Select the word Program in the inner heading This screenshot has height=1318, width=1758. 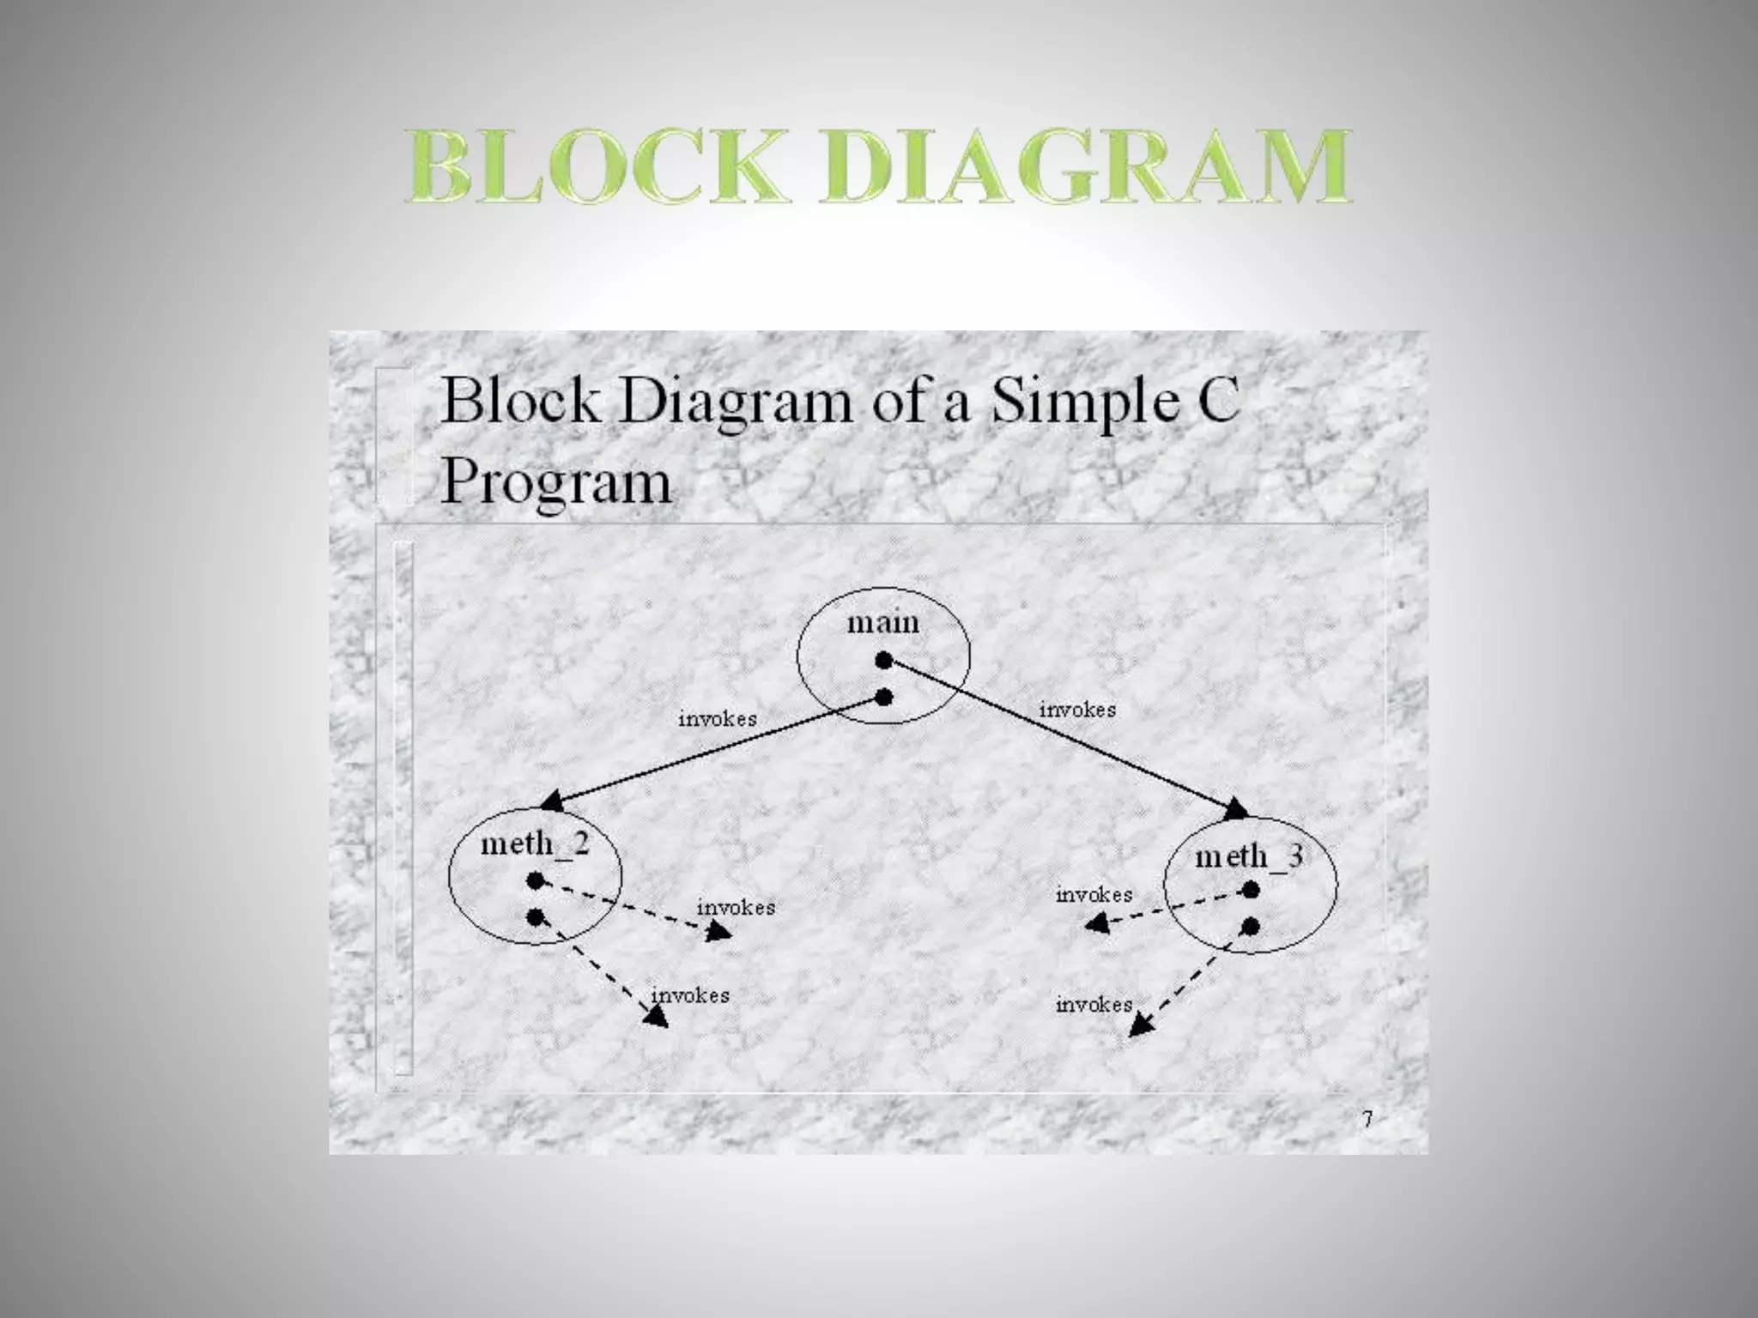(555, 482)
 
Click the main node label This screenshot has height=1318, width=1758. (882, 622)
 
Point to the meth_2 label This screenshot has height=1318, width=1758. (535, 843)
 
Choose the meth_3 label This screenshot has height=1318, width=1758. (1249, 855)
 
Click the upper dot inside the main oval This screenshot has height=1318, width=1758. (884, 660)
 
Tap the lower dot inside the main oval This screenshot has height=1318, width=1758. (884, 698)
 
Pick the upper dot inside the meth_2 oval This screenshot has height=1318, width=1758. (536, 880)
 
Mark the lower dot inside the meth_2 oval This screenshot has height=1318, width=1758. (536, 917)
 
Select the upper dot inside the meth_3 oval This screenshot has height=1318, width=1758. (1251, 891)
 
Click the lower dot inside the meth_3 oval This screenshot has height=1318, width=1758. (1251, 927)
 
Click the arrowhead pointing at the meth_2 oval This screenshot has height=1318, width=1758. (553, 802)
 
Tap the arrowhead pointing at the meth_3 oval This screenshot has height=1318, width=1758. (1237, 809)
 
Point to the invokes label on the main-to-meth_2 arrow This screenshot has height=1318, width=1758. (718, 719)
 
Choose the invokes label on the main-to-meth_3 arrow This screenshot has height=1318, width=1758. (1077, 710)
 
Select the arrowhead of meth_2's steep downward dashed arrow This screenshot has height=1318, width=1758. (657, 1018)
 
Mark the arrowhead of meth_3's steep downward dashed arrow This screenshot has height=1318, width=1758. (1139, 1025)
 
